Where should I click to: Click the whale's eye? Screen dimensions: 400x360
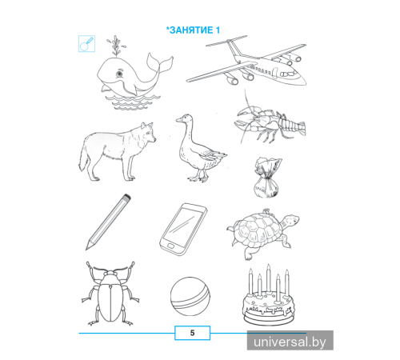(x=119, y=74)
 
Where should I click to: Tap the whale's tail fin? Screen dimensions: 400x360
(x=160, y=63)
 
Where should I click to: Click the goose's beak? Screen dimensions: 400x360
(x=178, y=120)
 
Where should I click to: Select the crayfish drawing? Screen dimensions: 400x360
(x=270, y=122)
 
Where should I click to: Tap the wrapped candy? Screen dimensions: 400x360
(x=267, y=178)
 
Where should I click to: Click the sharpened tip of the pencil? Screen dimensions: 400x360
(x=87, y=247)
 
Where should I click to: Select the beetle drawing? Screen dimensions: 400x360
(x=110, y=294)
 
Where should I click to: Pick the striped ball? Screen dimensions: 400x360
(x=190, y=297)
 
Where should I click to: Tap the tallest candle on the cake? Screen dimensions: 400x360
(x=269, y=278)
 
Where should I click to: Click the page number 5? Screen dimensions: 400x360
(x=192, y=333)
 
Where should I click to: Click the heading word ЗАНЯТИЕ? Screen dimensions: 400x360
(x=191, y=30)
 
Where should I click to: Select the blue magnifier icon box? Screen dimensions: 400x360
(x=86, y=44)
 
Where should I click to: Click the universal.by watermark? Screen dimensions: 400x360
(x=290, y=342)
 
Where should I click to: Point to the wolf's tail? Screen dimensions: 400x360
(x=83, y=159)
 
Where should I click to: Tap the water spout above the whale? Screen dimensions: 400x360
(x=115, y=46)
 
